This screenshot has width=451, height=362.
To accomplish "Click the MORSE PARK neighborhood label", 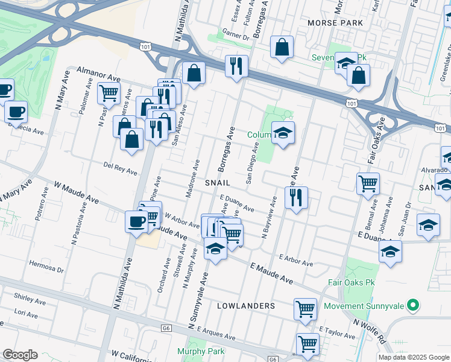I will point(335,23).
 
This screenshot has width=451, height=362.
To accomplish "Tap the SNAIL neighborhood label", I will point(219,182).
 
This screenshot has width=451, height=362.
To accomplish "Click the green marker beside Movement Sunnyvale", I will point(413,306).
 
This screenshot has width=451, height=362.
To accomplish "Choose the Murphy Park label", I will point(201,351).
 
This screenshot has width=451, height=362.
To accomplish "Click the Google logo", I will point(20,355).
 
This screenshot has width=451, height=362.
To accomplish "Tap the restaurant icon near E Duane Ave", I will point(295,197).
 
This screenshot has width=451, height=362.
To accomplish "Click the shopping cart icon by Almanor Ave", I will point(109,93).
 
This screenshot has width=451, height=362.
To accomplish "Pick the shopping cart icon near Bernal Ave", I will point(368,183).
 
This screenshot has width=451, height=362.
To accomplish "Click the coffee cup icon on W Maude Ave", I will point(136,221).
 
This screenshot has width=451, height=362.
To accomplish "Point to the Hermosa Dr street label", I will point(45,268).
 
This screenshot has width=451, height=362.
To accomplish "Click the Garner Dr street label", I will point(235,36).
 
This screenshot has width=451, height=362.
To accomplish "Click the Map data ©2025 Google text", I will point(414,357).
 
